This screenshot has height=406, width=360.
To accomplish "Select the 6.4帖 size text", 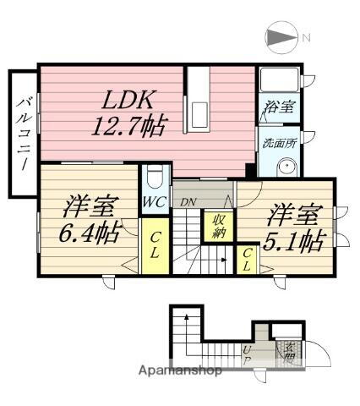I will point(89,231).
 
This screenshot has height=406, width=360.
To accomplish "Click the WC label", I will point(153,203).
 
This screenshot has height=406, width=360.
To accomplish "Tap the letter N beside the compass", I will point(307,37).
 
